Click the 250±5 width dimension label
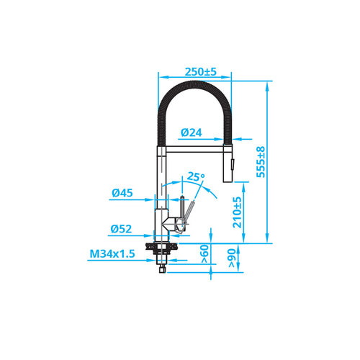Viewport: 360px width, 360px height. (201, 71)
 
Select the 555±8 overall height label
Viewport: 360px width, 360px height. (261, 162)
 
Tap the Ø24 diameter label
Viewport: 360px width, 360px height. (192, 132)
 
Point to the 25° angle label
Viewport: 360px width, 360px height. (196, 176)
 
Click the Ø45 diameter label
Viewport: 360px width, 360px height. (122, 193)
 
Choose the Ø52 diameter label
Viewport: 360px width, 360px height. (121, 229)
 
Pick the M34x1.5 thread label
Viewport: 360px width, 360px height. (112, 253)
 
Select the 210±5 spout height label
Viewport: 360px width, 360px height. (237, 212)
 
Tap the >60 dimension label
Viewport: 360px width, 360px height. (204, 254)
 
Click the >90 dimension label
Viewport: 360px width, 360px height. (232, 258)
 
